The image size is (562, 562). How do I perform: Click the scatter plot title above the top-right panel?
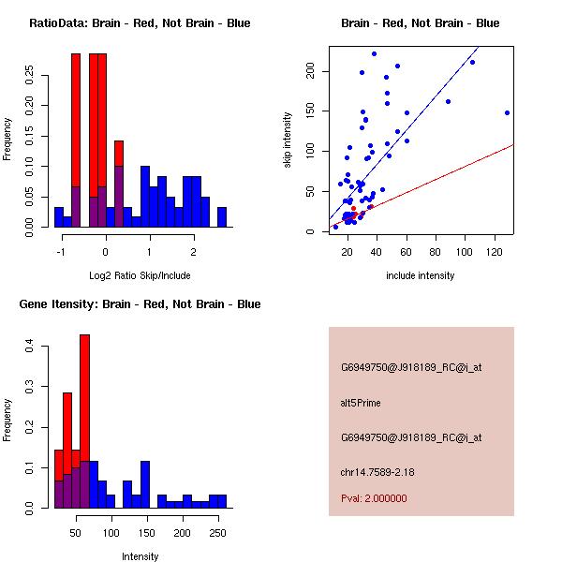(x=420, y=23)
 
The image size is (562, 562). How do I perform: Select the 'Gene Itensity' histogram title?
(x=140, y=304)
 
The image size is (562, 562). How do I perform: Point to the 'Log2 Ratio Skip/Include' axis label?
(x=140, y=275)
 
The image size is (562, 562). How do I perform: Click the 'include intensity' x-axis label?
(x=421, y=275)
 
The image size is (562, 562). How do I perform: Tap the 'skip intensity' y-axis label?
(x=288, y=140)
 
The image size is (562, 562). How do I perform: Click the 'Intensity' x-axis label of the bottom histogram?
(x=140, y=556)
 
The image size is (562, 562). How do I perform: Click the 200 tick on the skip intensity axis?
(x=310, y=71)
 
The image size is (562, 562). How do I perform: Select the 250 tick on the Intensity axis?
(x=218, y=534)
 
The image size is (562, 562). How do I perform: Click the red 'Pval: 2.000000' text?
(x=374, y=498)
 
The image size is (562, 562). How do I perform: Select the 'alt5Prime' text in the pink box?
(x=361, y=403)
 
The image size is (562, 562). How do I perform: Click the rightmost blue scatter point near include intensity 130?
(x=507, y=112)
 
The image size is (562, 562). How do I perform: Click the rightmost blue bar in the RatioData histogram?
(x=222, y=217)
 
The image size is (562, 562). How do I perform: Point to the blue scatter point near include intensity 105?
(x=472, y=62)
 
